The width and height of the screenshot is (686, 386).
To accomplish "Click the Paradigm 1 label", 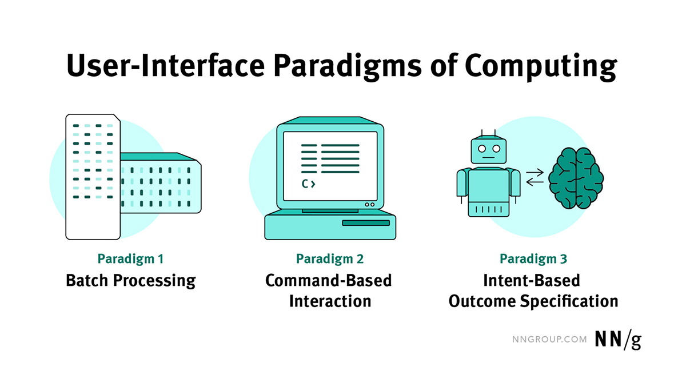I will click(131, 259).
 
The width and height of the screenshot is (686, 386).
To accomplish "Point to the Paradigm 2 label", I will click(330, 259).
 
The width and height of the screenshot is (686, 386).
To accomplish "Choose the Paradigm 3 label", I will click(533, 259).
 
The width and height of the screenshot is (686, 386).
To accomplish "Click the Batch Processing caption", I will click(131, 281).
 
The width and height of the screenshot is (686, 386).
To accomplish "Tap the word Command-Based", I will click(329, 281).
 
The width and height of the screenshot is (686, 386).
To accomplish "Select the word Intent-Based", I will click(531, 281).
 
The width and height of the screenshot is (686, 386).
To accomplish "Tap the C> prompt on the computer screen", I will click(309, 184).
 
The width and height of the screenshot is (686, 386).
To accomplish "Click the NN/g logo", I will click(619, 340).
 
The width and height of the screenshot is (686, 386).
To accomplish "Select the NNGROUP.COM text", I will click(548, 340).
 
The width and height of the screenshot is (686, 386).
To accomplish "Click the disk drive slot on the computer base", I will click(365, 223).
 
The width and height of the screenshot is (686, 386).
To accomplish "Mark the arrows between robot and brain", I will click(535, 177).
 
